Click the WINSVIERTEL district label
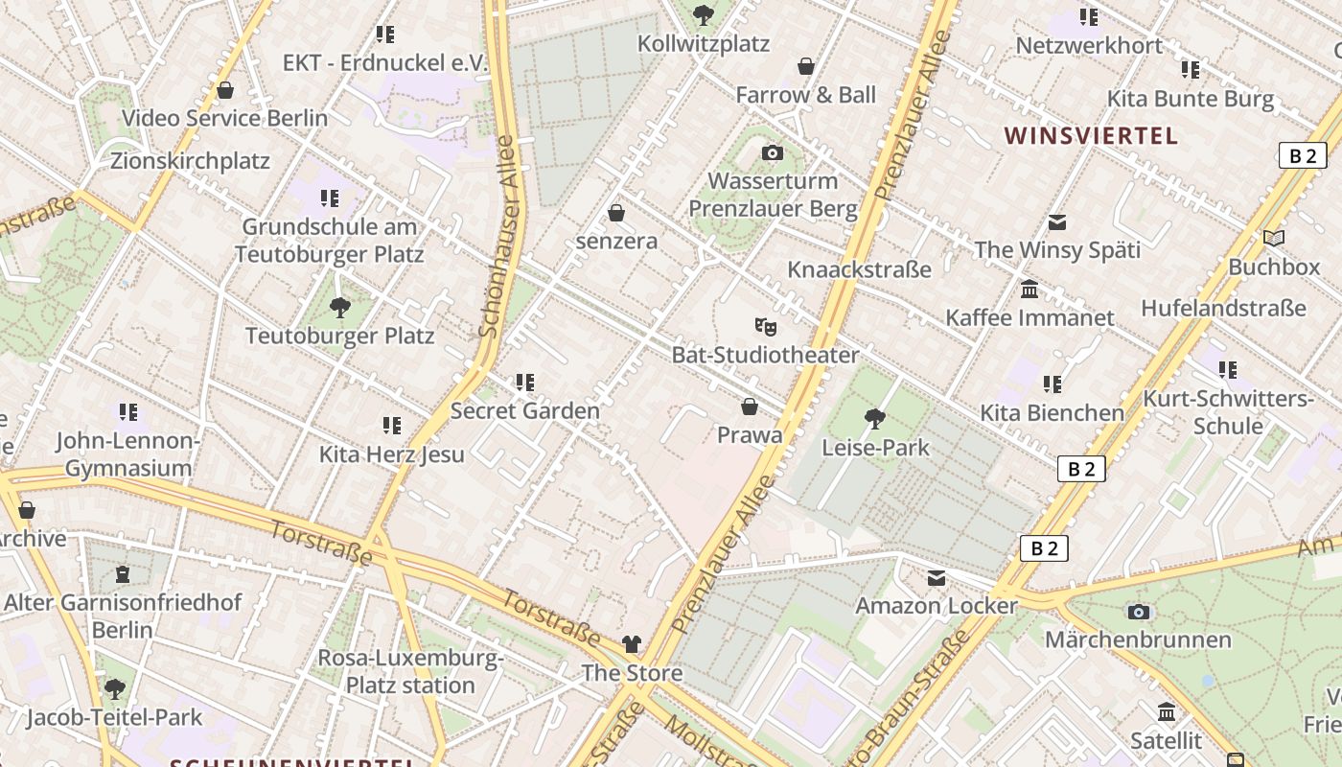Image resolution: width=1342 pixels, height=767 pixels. tap(1091, 135)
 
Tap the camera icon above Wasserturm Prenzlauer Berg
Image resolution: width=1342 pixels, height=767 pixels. tap(772, 153)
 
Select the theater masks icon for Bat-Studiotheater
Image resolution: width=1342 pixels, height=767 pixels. tap(764, 327)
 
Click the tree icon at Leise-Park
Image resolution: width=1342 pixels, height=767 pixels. tap(873, 418)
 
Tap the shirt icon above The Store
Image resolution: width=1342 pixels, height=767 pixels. tap(631, 644)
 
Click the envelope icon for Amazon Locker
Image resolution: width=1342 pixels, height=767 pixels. tap(936, 578)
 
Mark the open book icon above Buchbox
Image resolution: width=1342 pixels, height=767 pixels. tap(1273, 239)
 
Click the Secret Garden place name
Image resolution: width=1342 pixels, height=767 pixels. tap(524, 411)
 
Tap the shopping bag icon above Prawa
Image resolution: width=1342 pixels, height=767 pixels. tap(750, 407)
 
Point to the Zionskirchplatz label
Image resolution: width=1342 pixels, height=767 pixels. tap(190, 160)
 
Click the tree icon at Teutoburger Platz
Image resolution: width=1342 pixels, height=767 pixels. tap(339, 308)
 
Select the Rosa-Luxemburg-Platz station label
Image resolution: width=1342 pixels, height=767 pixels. tap(410, 672)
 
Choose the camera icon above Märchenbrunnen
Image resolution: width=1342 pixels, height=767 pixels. tap(1138, 612)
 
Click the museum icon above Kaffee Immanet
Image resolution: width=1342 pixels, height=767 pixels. tap(1030, 290)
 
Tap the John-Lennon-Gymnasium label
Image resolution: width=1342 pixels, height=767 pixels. tap(128, 454)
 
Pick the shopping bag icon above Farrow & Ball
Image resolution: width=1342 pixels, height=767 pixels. tap(806, 66)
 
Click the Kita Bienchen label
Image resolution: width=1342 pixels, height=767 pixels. tap(1052, 413)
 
